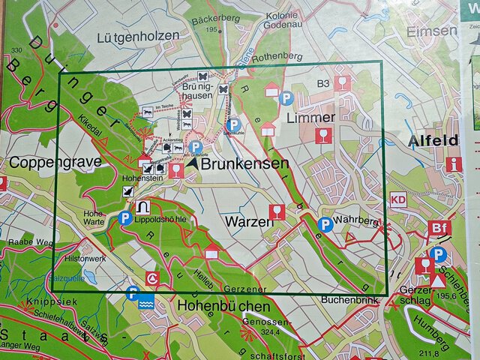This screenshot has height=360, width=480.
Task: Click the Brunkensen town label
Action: pos(235,163)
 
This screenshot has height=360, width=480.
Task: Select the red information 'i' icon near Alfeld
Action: pos(452,164)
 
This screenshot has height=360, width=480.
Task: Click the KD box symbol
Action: pos(397,199)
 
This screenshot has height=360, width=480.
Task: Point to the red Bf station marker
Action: pos(439,228)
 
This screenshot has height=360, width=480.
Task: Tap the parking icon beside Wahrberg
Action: pos(325,223)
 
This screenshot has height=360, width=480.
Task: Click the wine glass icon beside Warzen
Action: pos(277,211)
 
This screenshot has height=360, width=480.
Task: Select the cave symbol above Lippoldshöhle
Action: pos(143,206)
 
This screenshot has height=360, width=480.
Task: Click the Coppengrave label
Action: pos(40,161)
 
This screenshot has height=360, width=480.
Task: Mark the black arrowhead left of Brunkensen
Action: pos(194,161)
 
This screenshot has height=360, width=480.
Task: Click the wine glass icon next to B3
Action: pos(342,82)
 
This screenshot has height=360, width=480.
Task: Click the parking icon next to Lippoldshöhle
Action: pos(125,218)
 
